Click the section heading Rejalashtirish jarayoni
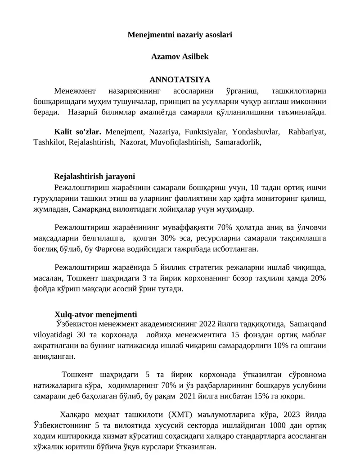pos(94,176)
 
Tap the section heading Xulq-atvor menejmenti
pos(96,314)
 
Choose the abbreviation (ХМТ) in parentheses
pos(180,415)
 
